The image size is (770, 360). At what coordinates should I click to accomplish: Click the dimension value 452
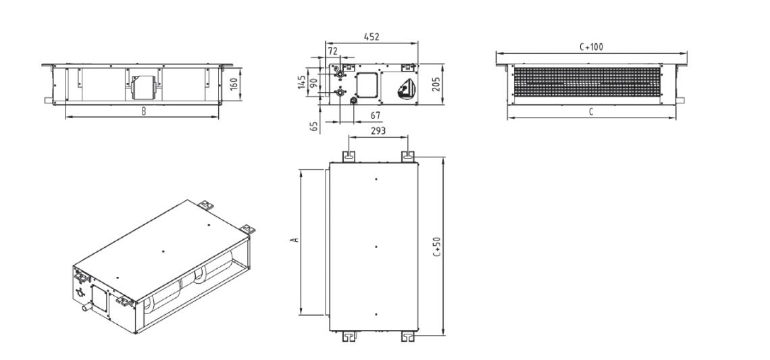371,37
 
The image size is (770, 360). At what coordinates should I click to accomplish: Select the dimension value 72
332,51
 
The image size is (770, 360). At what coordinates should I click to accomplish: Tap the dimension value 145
301,82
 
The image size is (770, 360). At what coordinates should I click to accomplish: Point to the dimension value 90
312,82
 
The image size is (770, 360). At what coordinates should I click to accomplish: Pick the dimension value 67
376,115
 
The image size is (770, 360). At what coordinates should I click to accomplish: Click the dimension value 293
378,130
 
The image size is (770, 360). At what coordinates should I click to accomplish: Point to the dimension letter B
144,111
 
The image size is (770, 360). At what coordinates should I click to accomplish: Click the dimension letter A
294,240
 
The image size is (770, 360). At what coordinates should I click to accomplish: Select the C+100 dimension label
591,47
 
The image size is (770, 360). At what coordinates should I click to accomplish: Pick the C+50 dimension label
437,247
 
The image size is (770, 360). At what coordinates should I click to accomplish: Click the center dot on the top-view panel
376,247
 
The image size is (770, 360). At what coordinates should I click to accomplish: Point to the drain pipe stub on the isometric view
87,308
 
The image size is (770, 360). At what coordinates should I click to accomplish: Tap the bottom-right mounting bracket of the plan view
407,336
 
